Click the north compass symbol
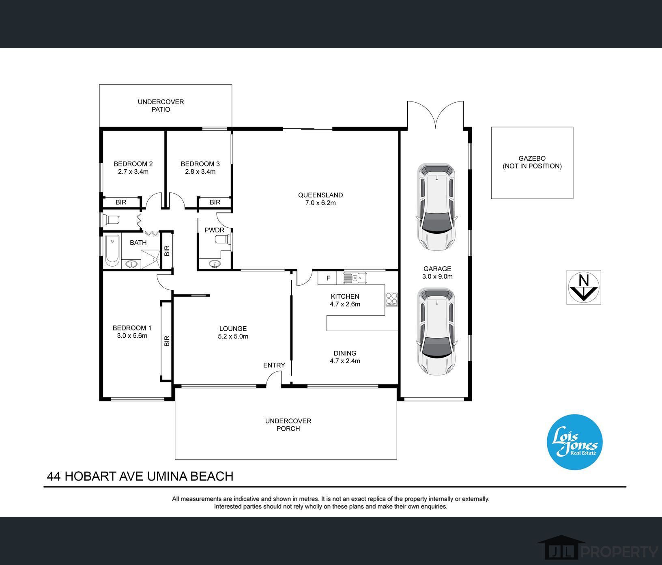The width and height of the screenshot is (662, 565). click(x=583, y=287)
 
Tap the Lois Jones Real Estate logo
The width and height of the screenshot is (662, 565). click(x=575, y=442)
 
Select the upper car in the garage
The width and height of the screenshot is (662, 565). click(x=436, y=207)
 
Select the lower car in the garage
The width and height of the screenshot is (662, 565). click(x=436, y=331)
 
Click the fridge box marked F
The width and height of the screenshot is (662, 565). click(x=328, y=278)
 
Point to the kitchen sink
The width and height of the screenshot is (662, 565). click(x=355, y=278)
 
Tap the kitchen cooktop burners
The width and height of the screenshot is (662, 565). click(x=391, y=299)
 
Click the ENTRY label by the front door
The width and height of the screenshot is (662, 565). click(x=274, y=365)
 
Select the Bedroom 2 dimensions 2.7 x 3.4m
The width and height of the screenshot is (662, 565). click(x=133, y=172)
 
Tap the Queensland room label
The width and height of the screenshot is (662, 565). click(x=320, y=195)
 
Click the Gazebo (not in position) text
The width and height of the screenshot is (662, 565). click(x=532, y=162)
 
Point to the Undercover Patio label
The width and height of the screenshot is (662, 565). click(x=161, y=106)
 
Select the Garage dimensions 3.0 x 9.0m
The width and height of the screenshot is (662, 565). click(x=437, y=276)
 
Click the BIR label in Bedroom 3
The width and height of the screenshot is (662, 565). click(x=215, y=202)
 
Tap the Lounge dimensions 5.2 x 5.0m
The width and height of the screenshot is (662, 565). click(x=233, y=336)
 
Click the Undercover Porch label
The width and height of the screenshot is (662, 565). click(x=288, y=425)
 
